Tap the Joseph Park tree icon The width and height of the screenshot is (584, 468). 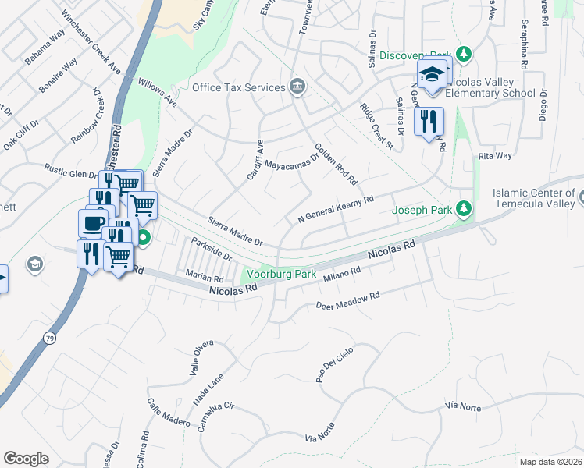[x=464, y=208]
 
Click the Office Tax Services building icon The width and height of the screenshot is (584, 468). [x=297, y=87]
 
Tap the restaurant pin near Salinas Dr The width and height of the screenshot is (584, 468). [x=429, y=122]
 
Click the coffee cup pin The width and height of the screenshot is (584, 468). [x=93, y=223]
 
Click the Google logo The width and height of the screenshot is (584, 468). [x=26, y=459]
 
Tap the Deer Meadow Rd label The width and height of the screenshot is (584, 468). [x=347, y=300]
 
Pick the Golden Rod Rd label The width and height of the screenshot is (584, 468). [x=336, y=164]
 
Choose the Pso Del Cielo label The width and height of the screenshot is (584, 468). [x=331, y=366]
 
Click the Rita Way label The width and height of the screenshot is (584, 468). [x=494, y=156]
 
